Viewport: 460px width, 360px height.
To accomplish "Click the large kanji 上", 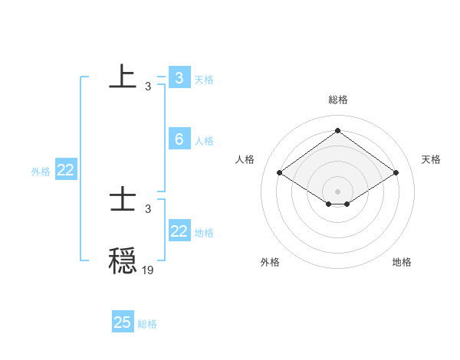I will click(x=123, y=77).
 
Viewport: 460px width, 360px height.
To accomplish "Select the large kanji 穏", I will click(x=123, y=260).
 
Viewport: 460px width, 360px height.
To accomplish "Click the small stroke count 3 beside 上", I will click(x=148, y=87).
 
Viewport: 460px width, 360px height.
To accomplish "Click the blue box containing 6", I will click(x=179, y=139).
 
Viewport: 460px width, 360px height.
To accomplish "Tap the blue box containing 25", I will click(x=123, y=322).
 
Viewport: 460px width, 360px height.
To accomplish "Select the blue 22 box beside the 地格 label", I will click(x=179, y=231).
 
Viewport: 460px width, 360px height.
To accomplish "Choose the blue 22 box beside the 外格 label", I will click(x=65, y=171).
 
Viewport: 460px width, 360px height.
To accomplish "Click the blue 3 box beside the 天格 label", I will click(x=179, y=77).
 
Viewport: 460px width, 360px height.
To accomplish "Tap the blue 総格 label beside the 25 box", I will click(x=147, y=324).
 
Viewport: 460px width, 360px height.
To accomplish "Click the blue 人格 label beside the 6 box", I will click(x=204, y=141).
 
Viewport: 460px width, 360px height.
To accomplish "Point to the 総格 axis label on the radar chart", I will click(x=337, y=100).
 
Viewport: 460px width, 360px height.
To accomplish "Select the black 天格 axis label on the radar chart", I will click(x=431, y=159).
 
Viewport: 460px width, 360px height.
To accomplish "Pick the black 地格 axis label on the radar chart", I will click(x=402, y=262).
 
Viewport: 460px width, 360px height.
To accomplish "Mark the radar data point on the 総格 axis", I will click(x=337, y=130).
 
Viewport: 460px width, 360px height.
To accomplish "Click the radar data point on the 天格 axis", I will click(x=396, y=173).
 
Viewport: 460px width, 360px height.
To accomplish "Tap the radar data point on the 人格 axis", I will click(x=280, y=173).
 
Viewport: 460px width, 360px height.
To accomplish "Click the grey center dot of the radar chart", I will click(x=337, y=191).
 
